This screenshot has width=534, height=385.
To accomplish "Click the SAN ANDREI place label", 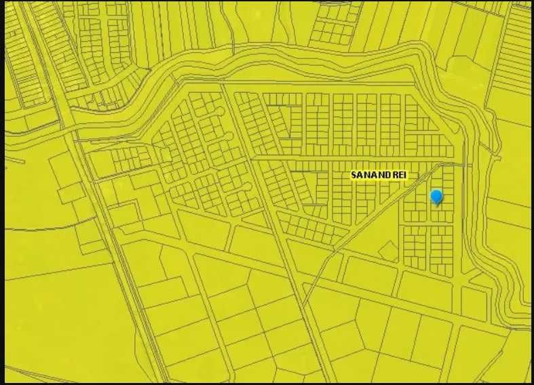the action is [377, 175].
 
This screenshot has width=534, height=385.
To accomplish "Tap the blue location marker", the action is [436, 197].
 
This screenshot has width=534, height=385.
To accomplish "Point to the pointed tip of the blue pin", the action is [436, 205].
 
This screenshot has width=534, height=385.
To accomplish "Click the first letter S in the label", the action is [354, 175].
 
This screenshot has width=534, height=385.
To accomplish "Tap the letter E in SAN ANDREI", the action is [396, 175].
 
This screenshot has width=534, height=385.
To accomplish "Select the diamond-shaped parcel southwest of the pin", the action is [389, 251].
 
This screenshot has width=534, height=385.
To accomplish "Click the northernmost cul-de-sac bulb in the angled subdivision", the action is [221, 110].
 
